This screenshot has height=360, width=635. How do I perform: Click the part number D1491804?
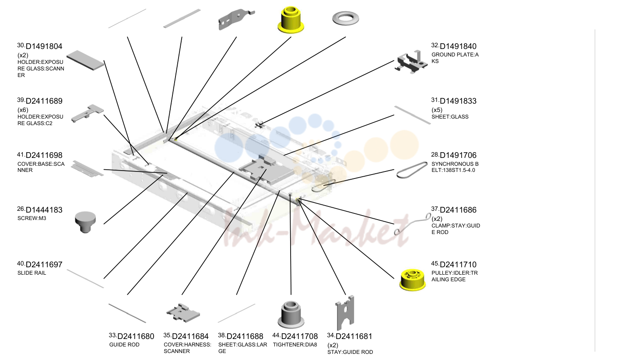[x=44, y=46]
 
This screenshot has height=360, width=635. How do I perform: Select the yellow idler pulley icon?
[x=413, y=280]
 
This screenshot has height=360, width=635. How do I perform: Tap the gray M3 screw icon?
[x=85, y=222]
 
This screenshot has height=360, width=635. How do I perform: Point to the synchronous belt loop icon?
[x=412, y=170]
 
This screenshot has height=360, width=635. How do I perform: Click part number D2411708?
[x=299, y=336]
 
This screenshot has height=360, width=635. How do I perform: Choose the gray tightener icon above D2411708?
[x=291, y=315]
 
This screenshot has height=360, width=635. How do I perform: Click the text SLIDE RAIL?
[x=32, y=273]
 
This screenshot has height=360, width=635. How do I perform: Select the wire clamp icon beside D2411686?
[x=413, y=224]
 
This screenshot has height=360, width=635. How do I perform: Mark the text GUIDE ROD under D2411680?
[x=124, y=345]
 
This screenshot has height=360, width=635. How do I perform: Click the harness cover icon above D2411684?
[x=183, y=313]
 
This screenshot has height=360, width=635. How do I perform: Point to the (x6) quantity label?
[x=23, y=110]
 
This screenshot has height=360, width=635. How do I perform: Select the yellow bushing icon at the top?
[x=291, y=20]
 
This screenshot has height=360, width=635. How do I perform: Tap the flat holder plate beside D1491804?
[x=85, y=60]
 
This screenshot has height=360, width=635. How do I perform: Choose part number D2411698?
[x=44, y=155]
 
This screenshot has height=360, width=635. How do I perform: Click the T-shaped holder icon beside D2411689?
[x=88, y=113]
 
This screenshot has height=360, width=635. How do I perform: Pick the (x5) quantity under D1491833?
[x=437, y=110]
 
